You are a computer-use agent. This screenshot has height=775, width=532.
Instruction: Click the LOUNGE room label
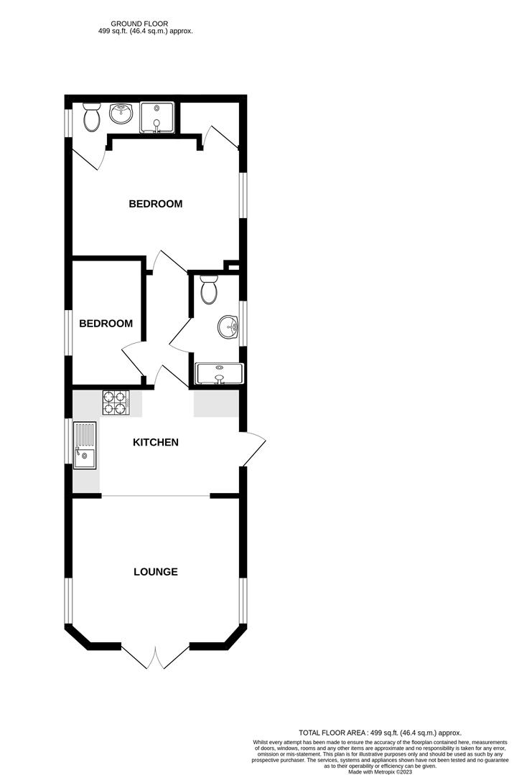tap(155, 572)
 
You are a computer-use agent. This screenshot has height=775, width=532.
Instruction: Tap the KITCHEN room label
tap(155, 442)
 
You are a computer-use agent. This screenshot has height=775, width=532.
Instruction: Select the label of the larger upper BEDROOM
tap(155, 204)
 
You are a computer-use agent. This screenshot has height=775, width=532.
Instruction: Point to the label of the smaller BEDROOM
tap(106, 324)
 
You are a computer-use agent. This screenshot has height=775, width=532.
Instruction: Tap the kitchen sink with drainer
tap(85, 444)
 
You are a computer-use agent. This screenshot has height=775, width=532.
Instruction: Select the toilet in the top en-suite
tap(91, 118)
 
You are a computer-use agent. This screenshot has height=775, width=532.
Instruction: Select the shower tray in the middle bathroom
tap(219, 373)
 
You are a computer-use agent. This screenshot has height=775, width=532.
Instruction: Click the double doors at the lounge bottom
tap(155, 657)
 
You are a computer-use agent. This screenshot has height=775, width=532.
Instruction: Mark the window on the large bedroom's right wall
tap(242, 194)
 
